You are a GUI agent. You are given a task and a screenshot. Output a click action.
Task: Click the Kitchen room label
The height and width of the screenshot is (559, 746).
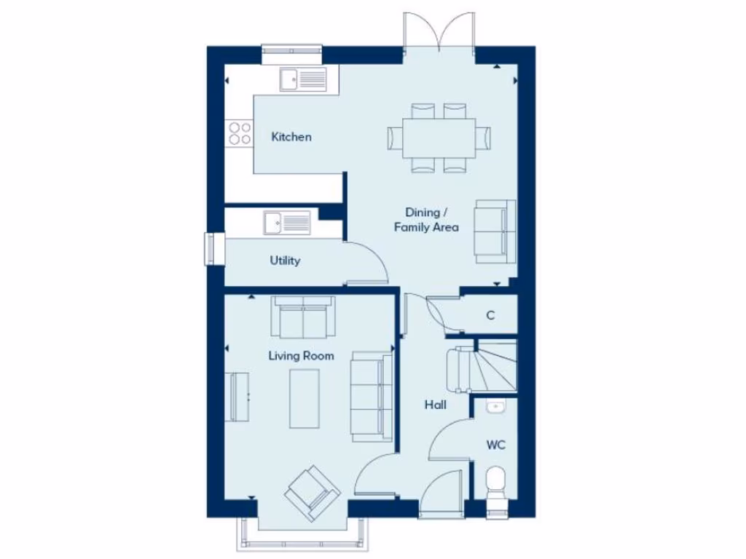(291, 137)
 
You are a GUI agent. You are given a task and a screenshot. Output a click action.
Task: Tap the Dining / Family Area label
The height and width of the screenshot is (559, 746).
(426, 220)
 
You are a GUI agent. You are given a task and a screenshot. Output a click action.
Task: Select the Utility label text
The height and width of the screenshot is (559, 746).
(285, 261)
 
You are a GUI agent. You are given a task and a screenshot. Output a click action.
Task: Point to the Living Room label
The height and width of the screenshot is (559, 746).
(301, 356)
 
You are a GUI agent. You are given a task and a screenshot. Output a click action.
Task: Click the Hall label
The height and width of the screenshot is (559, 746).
(436, 405)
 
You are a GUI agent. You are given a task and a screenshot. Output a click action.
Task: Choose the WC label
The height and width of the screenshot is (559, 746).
(496, 445)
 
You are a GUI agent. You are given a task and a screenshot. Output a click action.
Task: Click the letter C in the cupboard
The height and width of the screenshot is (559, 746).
(490, 316)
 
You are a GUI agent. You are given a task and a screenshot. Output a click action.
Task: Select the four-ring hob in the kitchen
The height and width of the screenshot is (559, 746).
(240, 133)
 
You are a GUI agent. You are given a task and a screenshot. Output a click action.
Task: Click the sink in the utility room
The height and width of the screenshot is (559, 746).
(287, 223)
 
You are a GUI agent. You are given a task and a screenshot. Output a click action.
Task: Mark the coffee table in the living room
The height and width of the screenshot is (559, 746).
(304, 398)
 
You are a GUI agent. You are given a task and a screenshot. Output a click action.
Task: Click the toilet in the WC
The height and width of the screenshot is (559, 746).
(495, 484)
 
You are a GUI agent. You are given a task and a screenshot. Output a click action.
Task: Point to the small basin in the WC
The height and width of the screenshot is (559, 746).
(495, 407)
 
